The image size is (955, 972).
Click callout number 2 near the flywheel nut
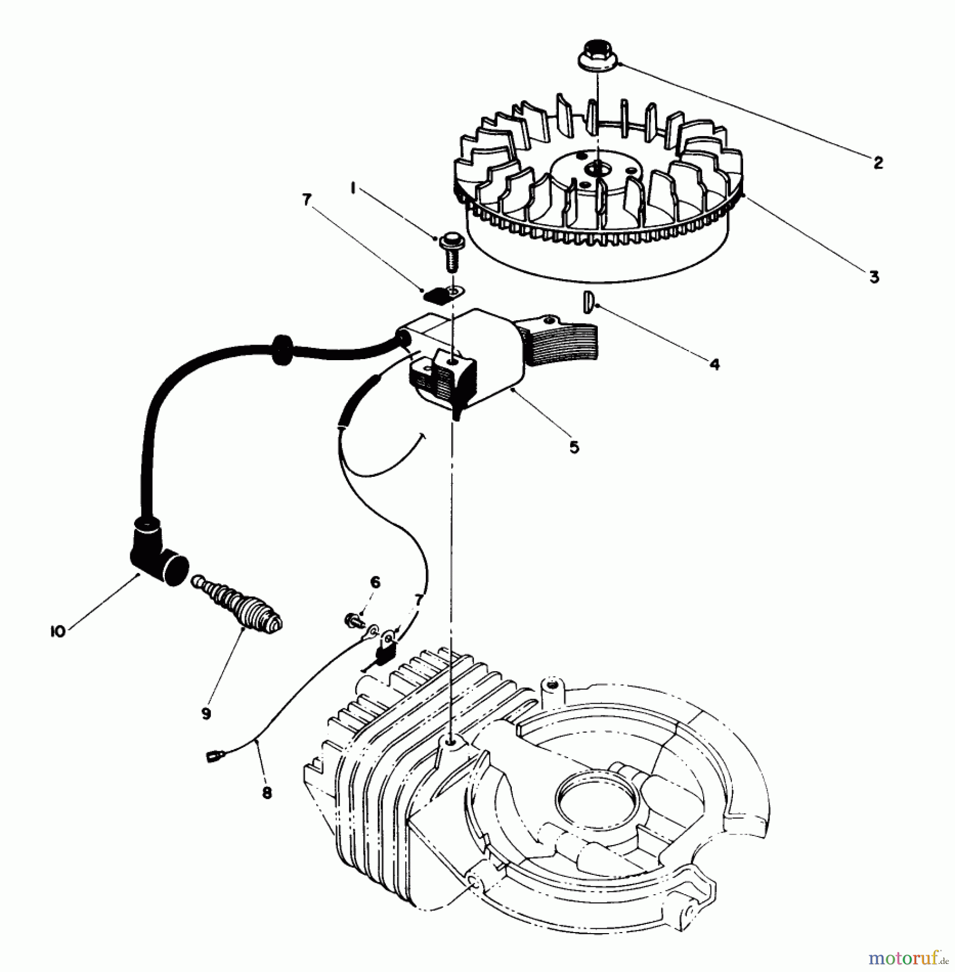click(x=878, y=162)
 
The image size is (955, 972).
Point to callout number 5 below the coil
click(x=574, y=447)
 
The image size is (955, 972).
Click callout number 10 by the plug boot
click(x=57, y=631)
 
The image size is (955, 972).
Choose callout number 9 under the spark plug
click(x=206, y=713)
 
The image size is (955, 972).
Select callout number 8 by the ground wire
click(x=266, y=793)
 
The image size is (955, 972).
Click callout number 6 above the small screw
click(x=375, y=582)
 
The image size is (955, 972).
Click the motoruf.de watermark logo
click(x=908, y=959)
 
